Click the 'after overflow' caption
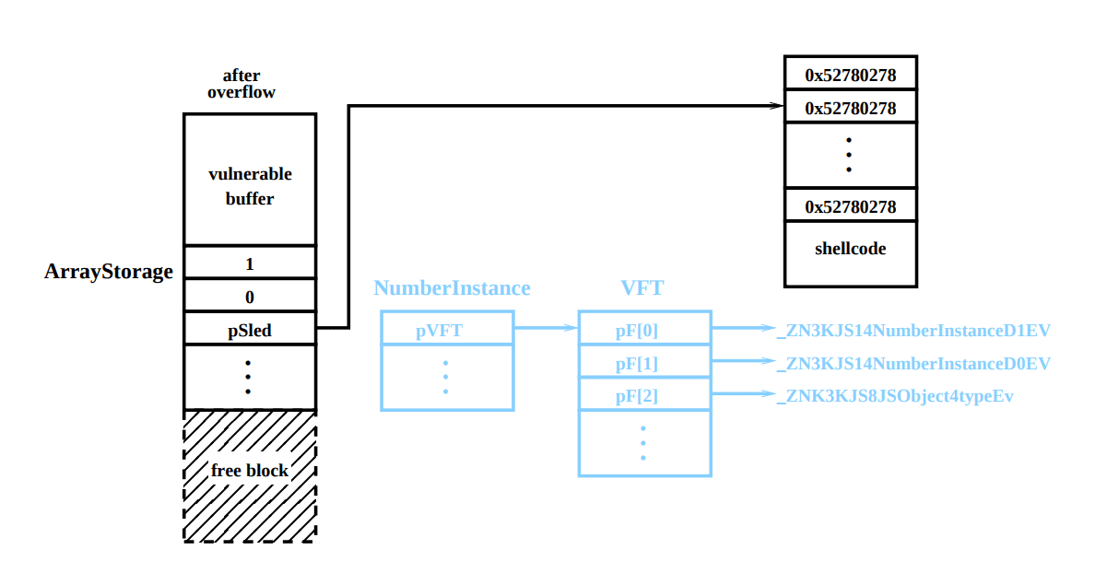(x=241, y=84)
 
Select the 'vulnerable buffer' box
(x=250, y=185)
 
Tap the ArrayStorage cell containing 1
(x=250, y=263)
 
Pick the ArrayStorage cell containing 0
(x=250, y=297)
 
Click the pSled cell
(x=250, y=329)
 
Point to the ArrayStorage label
(x=109, y=272)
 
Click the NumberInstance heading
(x=452, y=288)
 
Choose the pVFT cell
(x=447, y=329)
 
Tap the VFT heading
(x=642, y=288)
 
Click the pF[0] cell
(x=644, y=329)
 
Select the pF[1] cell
(x=644, y=362)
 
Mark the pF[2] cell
(x=644, y=396)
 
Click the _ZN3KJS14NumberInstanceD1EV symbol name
(x=913, y=330)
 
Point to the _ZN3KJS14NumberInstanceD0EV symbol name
(x=913, y=363)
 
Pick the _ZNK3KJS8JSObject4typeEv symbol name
(x=895, y=397)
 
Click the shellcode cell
(x=851, y=249)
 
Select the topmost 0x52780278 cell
(x=851, y=75)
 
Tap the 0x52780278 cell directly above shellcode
(x=851, y=206)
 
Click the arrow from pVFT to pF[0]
(x=546, y=328)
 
